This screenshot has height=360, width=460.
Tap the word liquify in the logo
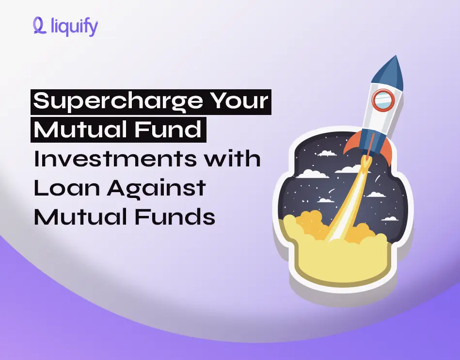[74, 27]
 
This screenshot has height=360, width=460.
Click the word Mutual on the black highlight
[81, 130]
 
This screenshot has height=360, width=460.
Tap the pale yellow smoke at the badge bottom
[339, 262]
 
